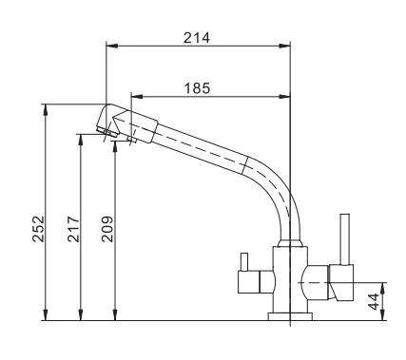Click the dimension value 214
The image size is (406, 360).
point(197,38)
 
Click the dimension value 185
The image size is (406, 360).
point(197,88)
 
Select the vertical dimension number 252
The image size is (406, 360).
point(39,229)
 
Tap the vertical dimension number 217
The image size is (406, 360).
point(73,229)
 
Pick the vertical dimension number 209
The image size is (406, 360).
point(107,229)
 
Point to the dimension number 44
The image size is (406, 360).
point(374,302)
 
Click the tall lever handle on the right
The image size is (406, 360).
point(344,239)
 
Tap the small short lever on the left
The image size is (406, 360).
point(244,262)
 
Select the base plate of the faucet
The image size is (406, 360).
point(290,316)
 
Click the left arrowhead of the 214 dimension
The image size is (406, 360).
point(112,46)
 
